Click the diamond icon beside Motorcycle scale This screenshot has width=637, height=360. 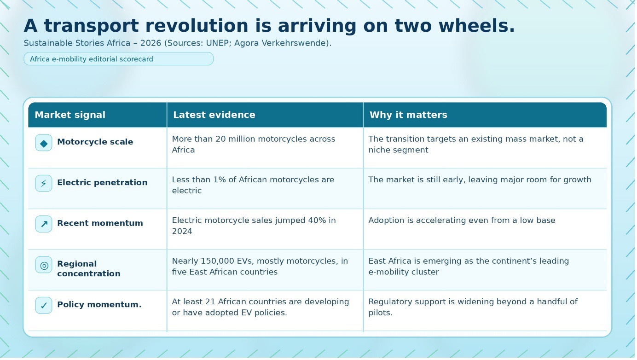pos(44,143)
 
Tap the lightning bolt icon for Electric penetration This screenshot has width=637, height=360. pos(44,184)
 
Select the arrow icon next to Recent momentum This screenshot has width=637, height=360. pos(44,224)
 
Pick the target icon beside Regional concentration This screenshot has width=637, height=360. pos(44,265)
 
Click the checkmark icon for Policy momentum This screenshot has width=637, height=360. pos(44,306)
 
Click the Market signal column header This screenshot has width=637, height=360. pos(70,115)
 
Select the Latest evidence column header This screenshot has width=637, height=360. pos(214,115)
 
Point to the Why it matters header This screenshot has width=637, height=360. pos(408,115)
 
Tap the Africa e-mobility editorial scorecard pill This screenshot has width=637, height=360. pos(119,59)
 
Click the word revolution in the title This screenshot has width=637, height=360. pos(197,26)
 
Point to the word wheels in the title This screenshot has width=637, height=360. pos(477,26)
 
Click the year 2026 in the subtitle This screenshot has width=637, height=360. pos(151,43)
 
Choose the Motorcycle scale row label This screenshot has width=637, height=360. pos(95,142)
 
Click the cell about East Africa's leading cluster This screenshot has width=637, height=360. pos(469,267)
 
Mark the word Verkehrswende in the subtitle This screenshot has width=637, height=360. pos(296,43)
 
